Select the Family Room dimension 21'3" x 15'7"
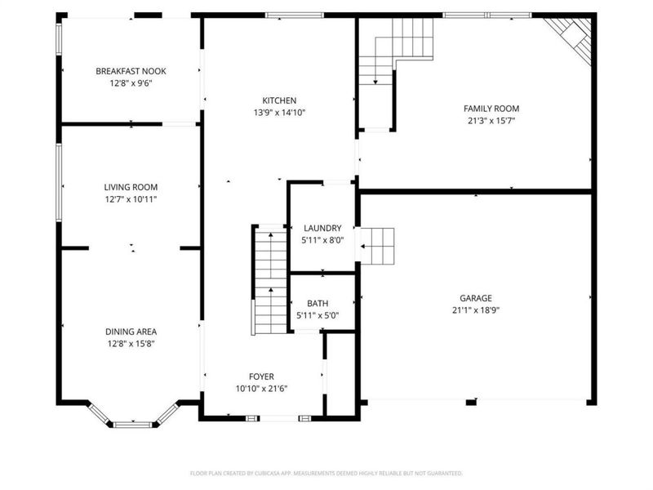(491, 120)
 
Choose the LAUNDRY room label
(322, 228)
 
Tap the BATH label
(318, 304)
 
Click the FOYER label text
(261, 376)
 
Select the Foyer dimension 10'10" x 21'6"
(261, 388)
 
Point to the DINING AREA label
(131, 332)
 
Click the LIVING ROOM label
(131, 187)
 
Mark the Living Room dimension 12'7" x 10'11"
(131, 198)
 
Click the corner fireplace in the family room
(571, 36)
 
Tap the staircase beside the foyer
(269, 278)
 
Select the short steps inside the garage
(378, 246)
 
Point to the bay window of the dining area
(132, 416)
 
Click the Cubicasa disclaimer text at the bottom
(326, 473)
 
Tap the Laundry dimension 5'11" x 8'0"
(322, 240)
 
